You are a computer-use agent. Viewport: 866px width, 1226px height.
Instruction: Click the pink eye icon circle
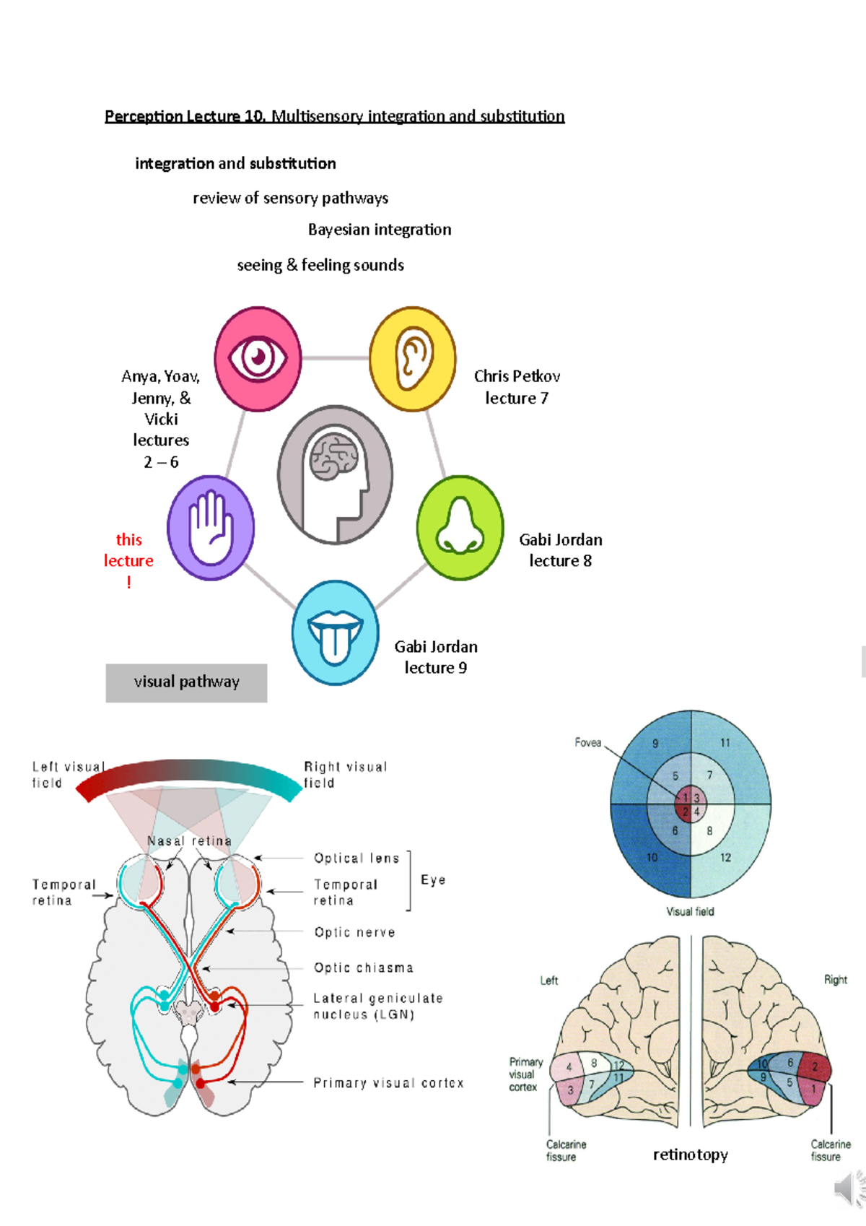click(x=258, y=359)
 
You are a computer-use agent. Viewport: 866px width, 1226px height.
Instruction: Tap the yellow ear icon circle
click(x=413, y=359)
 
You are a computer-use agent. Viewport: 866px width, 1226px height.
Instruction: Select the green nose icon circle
click(x=460, y=528)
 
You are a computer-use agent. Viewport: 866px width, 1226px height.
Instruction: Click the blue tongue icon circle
click(x=335, y=632)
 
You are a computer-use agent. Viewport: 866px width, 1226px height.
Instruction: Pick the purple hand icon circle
click(x=211, y=528)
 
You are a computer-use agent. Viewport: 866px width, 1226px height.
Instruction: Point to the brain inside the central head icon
click(x=333, y=457)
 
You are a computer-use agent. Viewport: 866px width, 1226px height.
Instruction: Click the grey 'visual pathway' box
click(x=186, y=682)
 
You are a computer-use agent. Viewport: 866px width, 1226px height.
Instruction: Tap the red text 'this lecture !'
click(x=128, y=560)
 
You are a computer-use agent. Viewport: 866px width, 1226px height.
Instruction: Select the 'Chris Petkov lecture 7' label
click(x=517, y=387)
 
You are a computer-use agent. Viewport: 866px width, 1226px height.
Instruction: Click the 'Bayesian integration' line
click(x=380, y=230)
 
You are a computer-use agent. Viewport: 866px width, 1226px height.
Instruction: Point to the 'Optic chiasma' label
click(x=364, y=968)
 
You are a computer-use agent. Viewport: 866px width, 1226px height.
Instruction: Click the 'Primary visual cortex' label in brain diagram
click(x=388, y=1083)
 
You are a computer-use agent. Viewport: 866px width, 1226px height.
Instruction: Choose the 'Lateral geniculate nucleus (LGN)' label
click(x=377, y=1006)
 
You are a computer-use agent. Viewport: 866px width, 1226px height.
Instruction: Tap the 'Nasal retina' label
click(x=189, y=841)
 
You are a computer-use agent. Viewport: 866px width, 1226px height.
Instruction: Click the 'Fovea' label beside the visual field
click(x=587, y=742)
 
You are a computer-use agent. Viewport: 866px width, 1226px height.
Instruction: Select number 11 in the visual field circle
click(x=725, y=742)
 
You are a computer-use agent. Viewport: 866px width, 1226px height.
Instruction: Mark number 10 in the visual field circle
click(x=652, y=857)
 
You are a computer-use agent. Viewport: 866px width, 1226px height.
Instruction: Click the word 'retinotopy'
click(x=690, y=1155)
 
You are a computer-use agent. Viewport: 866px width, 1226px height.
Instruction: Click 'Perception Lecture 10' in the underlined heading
click(x=185, y=116)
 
